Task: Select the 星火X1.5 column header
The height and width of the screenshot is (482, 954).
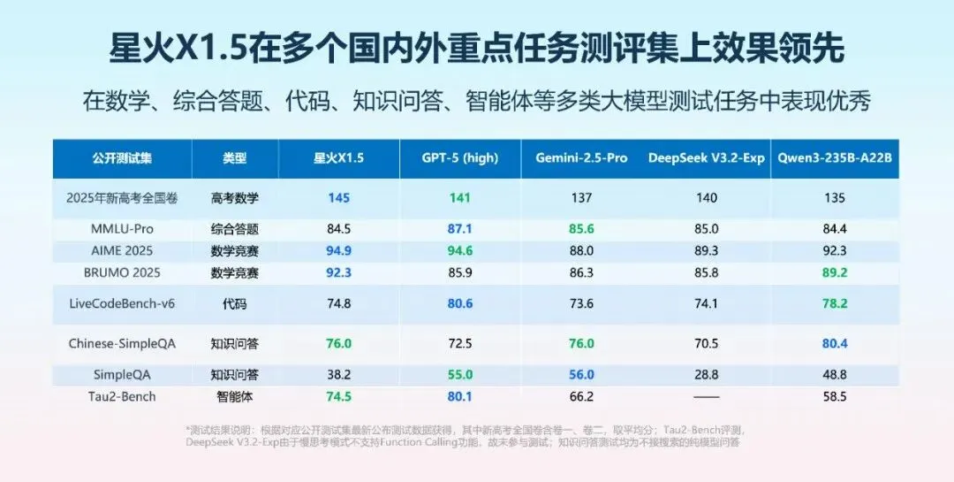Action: (338, 158)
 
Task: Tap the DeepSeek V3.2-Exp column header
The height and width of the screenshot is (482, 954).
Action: (707, 158)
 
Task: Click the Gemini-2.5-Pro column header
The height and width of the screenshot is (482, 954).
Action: (581, 158)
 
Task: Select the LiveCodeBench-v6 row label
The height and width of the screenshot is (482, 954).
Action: (123, 303)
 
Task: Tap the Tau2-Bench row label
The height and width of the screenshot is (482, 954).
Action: (123, 396)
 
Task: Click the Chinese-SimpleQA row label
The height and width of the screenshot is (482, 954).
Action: (123, 343)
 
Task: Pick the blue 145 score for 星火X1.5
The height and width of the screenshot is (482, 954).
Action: (338, 198)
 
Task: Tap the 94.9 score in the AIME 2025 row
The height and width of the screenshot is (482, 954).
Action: (338, 250)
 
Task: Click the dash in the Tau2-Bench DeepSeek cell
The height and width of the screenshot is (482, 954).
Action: (707, 397)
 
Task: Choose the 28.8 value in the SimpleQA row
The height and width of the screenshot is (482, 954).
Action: (707, 375)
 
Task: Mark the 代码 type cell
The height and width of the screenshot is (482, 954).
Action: (235, 303)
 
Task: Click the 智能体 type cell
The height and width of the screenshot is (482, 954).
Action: (235, 396)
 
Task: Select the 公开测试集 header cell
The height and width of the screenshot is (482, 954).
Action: (123, 158)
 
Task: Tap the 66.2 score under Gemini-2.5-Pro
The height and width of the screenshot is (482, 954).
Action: (581, 396)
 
